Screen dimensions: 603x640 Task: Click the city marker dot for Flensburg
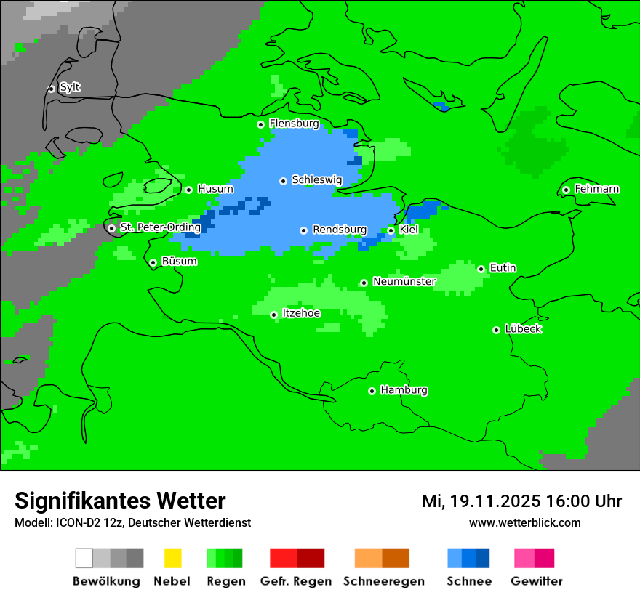tap(260, 124)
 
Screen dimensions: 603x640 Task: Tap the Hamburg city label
tap(404, 390)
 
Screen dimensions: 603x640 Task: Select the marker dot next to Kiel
tap(391, 230)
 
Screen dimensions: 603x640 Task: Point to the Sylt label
tap(70, 87)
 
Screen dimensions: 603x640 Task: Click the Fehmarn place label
tap(596, 189)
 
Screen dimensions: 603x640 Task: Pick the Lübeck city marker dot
tap(496, 330)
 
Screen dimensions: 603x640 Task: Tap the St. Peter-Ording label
tap(160, 227)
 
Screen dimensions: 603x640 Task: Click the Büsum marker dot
tap(153, 262)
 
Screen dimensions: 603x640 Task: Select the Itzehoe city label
tap(300, 313)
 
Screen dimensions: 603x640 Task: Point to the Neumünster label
tap(404, 281)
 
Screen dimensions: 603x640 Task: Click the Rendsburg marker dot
tap(303, 230)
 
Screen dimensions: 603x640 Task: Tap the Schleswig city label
tap(316, 179)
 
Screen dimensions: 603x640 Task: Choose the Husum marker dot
tap(188, 190)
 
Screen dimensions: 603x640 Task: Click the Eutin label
tap(503, 268)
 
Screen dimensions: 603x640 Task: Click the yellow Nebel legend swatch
tap(172, 558)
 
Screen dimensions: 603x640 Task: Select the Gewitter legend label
tap(536, 581)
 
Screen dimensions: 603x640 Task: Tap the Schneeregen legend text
tap(383, 581)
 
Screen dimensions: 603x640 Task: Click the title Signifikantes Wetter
tap(120, 501)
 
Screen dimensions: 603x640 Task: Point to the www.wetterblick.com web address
tap(524, 522)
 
